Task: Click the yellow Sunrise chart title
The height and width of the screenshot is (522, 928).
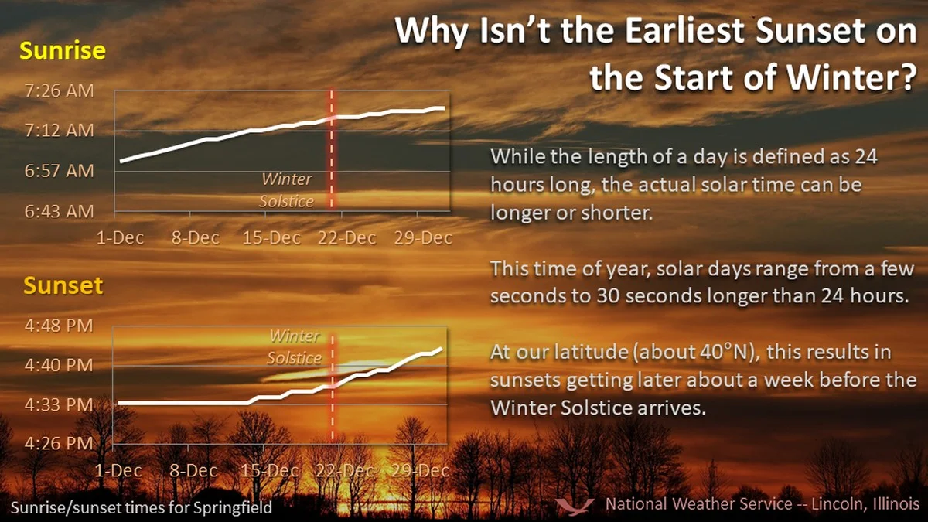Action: coord(63,51)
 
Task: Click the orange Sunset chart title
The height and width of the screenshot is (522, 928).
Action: coord(63,285)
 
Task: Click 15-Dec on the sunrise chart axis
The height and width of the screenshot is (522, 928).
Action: coord(271,237)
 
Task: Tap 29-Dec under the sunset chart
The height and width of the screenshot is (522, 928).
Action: coord(422,470)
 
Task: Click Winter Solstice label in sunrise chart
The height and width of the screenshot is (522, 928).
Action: coord(287,190)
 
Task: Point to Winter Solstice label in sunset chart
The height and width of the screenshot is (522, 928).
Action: coord(295,347)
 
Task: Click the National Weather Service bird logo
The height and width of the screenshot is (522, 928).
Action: coord(576,505)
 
